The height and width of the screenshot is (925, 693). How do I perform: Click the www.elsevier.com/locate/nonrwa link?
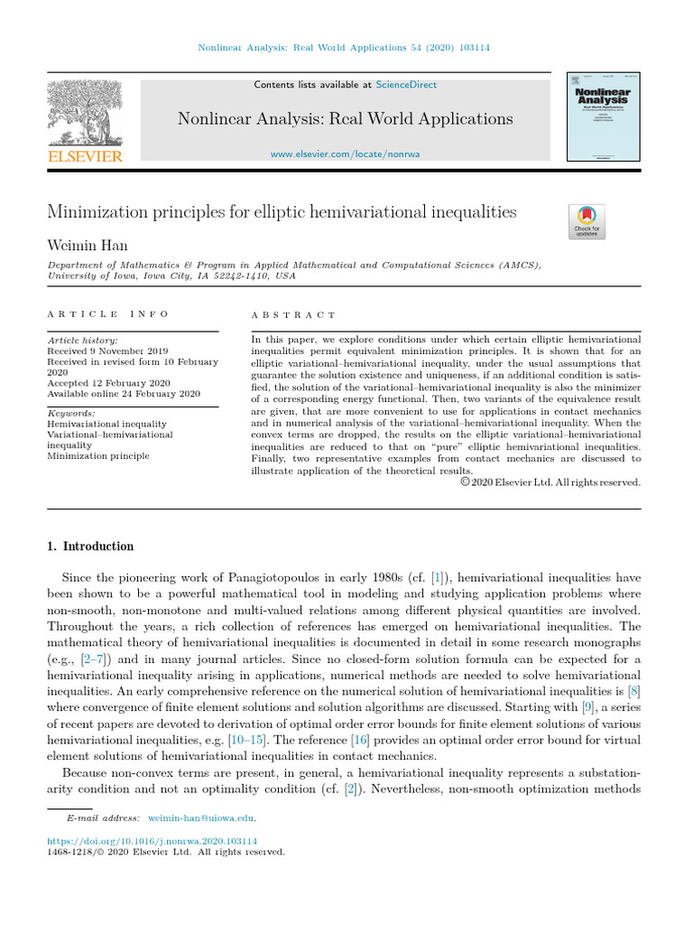click(x=345, y=154)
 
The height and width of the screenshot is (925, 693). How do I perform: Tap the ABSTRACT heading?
click(x=292, y=314)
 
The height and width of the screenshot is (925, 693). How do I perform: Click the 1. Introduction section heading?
click(x=89, y=547)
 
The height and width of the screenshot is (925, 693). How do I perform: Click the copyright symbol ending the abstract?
click(x=466, y=482)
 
